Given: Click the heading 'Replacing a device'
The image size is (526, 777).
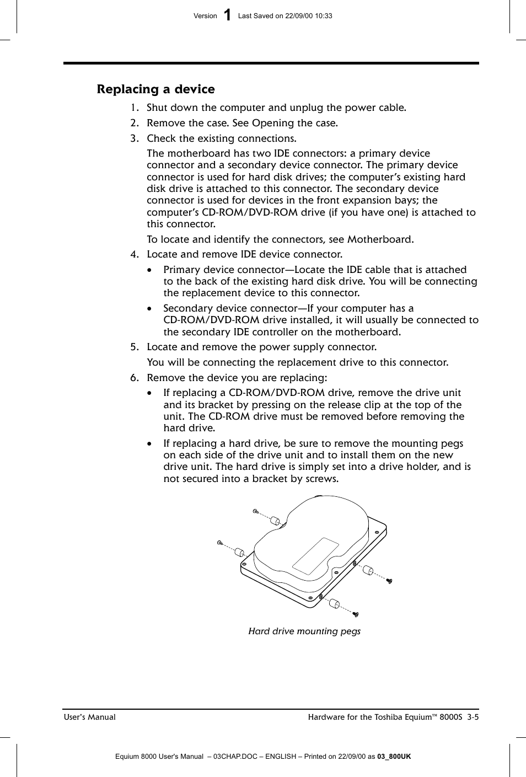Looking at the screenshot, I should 155,89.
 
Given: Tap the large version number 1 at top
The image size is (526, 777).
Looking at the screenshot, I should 228,15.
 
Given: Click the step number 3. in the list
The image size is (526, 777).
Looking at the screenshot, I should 135,138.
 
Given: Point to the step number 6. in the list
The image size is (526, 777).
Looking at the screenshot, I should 135,378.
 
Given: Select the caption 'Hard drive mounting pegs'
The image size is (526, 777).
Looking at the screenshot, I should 304,631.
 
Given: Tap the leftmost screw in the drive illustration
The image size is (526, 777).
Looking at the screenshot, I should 220,543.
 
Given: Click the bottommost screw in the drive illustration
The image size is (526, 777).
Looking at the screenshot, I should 356,614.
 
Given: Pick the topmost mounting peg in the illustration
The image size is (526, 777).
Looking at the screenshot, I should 276,521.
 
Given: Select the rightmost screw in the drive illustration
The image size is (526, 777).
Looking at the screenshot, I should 389,581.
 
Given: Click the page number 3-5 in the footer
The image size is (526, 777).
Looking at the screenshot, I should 473,717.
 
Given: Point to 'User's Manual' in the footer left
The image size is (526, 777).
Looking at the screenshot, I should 90,717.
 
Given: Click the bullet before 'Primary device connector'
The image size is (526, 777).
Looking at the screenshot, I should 150,270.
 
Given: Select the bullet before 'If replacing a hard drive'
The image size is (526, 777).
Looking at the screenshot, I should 150,444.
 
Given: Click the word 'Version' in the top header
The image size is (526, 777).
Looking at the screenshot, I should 205,16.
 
